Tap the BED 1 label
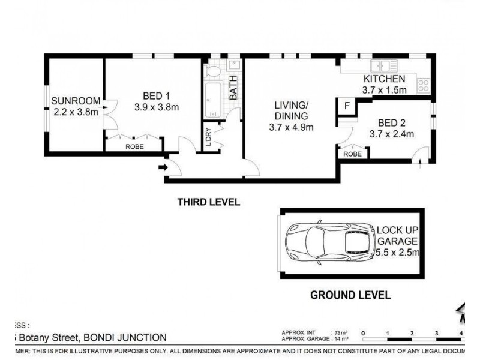pos(157,95)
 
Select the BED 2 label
pos(392,122)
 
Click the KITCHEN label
pos(384,79)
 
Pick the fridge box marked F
pos(347,105)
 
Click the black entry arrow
pos(162,168)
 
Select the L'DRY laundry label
pos(208,136)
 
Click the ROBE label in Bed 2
pos(353,154)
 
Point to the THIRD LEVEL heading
pos(208,202)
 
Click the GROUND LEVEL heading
pos(350,295)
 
